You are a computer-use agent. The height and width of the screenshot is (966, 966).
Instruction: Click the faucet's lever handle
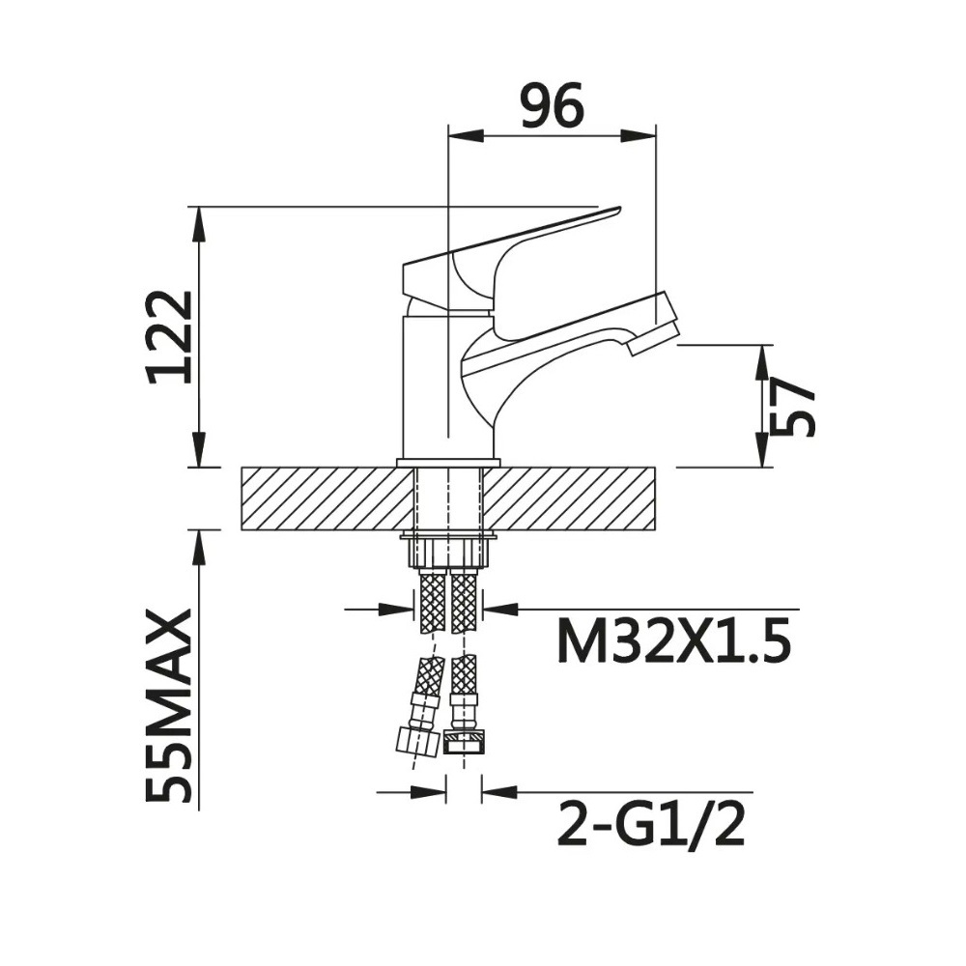(511, 258)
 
